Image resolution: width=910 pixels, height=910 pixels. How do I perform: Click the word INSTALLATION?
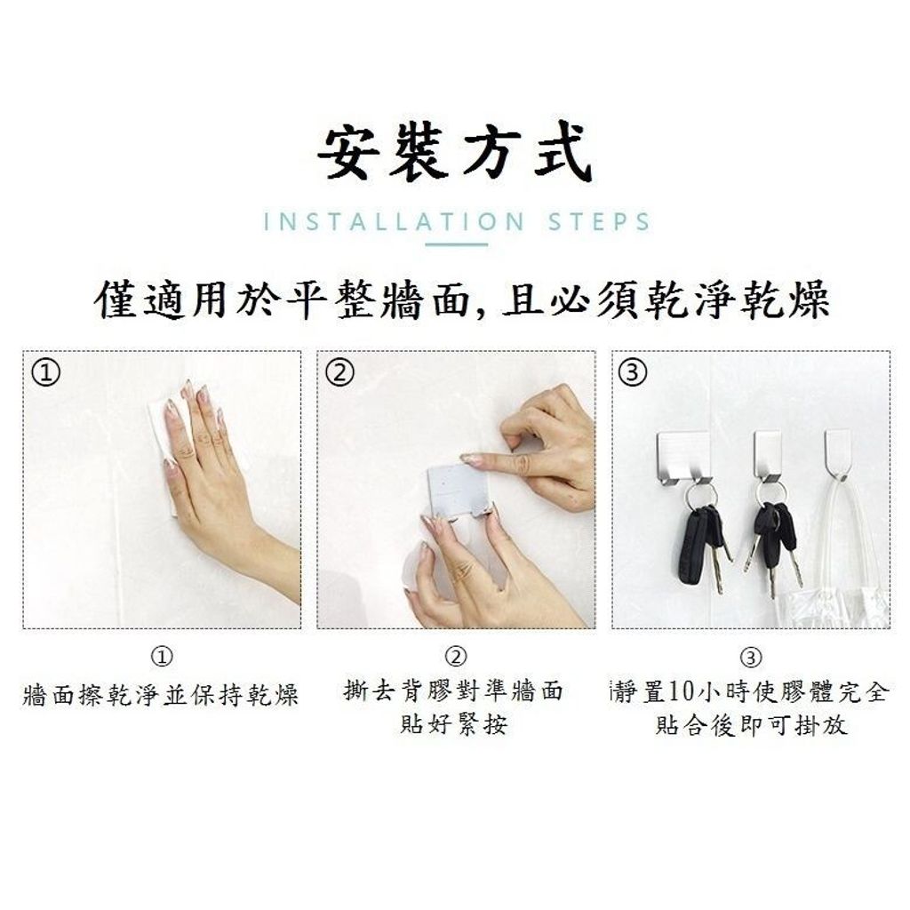394,222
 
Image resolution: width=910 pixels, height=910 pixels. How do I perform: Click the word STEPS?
598,222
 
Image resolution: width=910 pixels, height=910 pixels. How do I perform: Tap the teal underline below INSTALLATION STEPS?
456,244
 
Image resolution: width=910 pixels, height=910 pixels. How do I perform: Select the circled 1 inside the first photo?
46,372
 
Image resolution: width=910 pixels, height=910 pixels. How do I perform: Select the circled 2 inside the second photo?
339,372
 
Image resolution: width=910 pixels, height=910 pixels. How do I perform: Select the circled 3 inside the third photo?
633,372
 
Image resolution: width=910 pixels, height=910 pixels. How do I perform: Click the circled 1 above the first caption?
162,657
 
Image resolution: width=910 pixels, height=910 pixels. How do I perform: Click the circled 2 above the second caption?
456,657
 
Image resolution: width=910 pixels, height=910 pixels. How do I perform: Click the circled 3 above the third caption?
751,658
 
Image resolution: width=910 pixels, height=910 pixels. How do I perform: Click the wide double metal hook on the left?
684,459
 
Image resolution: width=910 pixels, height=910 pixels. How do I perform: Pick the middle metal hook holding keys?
768,457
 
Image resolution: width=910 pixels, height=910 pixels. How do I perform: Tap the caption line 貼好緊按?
454,724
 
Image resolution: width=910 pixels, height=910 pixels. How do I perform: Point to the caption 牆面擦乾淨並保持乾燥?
161,694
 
